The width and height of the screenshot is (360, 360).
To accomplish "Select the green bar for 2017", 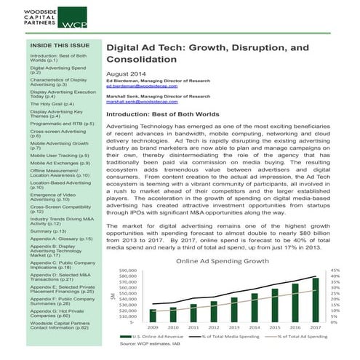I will (x=316, y=299).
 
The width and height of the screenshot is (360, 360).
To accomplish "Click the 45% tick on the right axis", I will (x=335, y=271).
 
